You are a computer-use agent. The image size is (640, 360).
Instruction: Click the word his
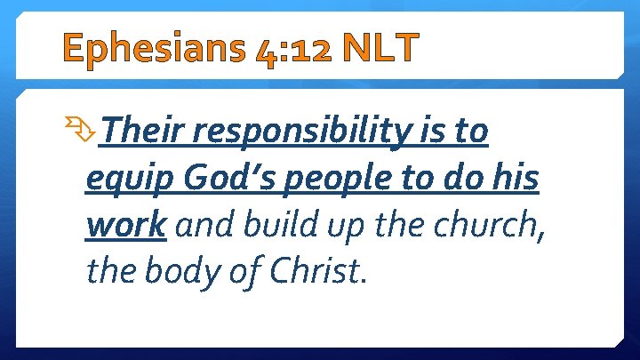click(515, 179)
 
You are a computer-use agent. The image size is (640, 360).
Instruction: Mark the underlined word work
click(125, 225)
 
